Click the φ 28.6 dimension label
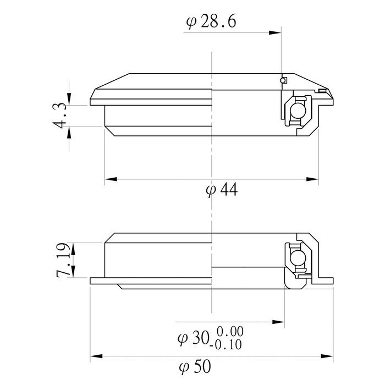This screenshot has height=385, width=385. [212, 23]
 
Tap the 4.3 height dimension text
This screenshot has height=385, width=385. [60, 115]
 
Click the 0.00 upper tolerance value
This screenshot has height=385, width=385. [230, 332]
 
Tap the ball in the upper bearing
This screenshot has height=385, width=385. [298, 112]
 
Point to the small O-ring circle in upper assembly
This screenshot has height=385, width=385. [283, 81]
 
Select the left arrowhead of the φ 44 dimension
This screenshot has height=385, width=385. [109, 179]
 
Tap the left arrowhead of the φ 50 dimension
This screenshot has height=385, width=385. [95, 355]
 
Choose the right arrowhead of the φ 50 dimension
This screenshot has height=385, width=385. [329, 355]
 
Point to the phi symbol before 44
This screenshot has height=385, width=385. [210, 190]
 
